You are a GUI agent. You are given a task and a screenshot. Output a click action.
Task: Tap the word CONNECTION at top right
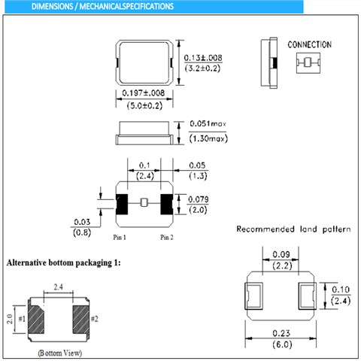[x=309, y=44]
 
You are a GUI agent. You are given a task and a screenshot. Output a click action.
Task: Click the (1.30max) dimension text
[x=208, y=138]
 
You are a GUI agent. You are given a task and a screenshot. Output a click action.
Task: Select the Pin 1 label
[x=120, y=237]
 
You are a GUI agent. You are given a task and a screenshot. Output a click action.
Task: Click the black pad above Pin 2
[x=166, y=204]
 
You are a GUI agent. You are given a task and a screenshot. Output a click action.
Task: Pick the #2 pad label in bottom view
[x=94, y=318]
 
